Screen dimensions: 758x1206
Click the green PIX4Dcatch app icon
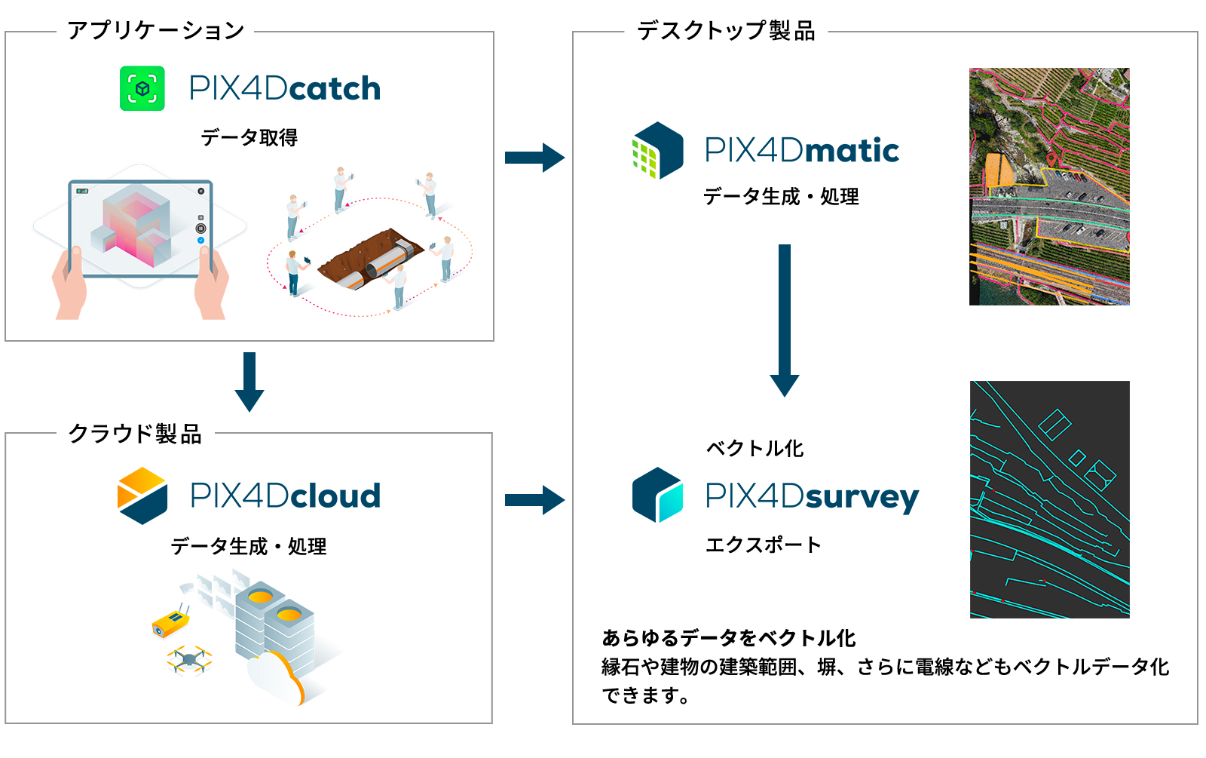coord(142,88)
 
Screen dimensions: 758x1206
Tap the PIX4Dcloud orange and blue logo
coord(142,496)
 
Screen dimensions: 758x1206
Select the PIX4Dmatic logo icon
coord(657,150)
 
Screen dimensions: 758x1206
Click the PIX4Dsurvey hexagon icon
coord(657,495)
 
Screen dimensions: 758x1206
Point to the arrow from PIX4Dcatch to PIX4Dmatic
coord(534,158)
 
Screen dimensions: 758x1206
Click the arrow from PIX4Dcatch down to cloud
coord(249,381)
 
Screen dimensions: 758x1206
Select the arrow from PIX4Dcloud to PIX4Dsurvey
coord(534,499)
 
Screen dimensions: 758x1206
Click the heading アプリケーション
coord(156,31)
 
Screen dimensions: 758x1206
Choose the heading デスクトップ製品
coord(726,31)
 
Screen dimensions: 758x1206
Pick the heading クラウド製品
coord(136,434)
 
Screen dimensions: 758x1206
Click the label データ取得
coord(249,137)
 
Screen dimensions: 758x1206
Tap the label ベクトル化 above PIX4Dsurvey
coord(755,448)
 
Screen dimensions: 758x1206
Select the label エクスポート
coord(763,545)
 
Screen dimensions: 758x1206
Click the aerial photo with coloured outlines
coord(1049,186)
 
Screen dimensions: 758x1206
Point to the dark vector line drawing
coord(1049,499)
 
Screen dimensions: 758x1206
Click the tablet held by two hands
coord(140,229)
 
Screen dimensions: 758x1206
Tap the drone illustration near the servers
coord(189,660)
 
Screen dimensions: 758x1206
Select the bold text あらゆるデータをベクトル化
coord(728,638)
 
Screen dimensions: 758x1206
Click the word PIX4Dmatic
coord(802,150)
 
